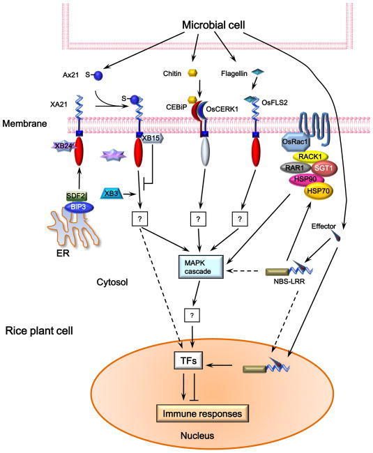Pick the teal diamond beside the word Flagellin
[257, 72]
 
